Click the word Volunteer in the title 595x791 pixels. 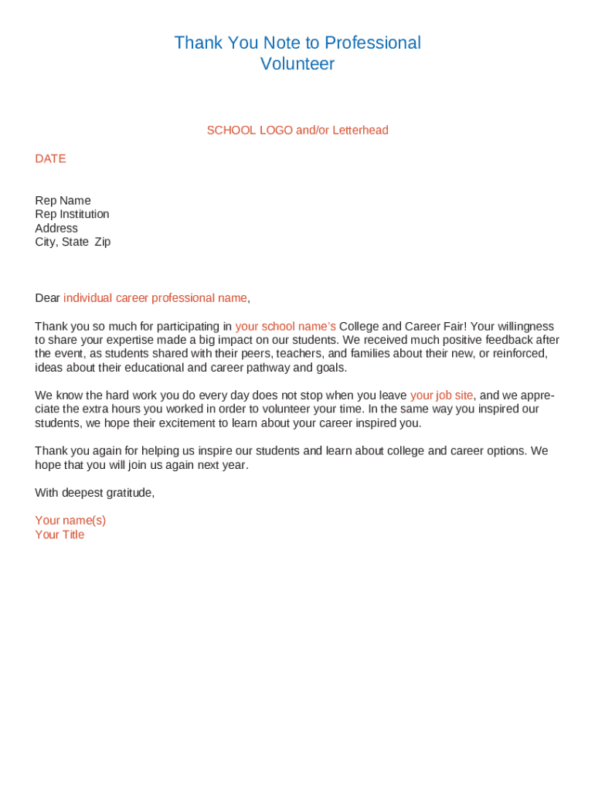tap(297, 64)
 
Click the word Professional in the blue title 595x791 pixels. tap(372, 42)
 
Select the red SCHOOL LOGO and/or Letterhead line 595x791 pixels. tap(297, 131)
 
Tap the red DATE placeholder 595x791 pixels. tap(50, 158)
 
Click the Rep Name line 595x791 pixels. tap(63, 201)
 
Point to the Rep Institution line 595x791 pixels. tap(72, 214)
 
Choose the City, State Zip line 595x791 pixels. tap(73, 242)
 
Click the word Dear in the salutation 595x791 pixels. tap(47, 298)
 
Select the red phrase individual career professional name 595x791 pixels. tap(155, 298)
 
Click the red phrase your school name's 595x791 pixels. tap(285, 327)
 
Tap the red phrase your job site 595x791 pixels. tap(441, 395)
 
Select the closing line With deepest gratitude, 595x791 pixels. tap(94, 493)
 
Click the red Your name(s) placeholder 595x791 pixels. tap(70, 521)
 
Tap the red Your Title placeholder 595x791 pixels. tap(59, 535)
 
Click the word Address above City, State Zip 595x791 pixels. tap(56, 228)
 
